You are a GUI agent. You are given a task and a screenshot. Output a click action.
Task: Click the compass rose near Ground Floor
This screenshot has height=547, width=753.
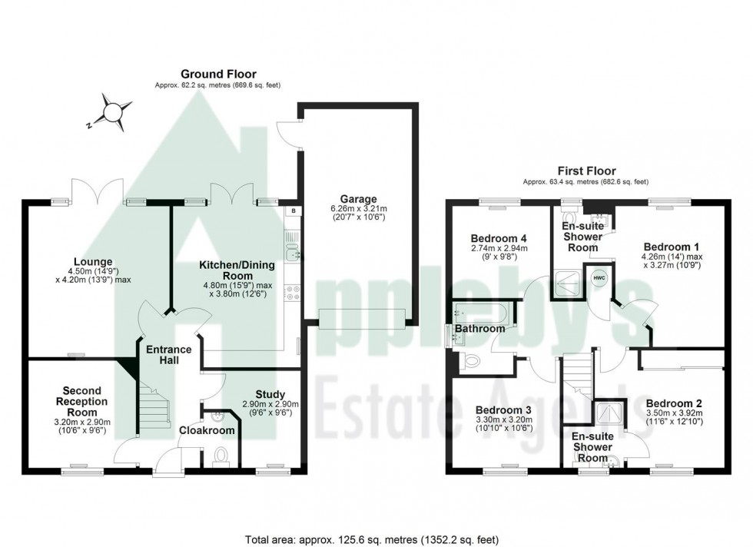click(x=113, y=112)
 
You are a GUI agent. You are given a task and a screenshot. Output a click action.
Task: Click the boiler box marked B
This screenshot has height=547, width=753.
click(x=293, y=211)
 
